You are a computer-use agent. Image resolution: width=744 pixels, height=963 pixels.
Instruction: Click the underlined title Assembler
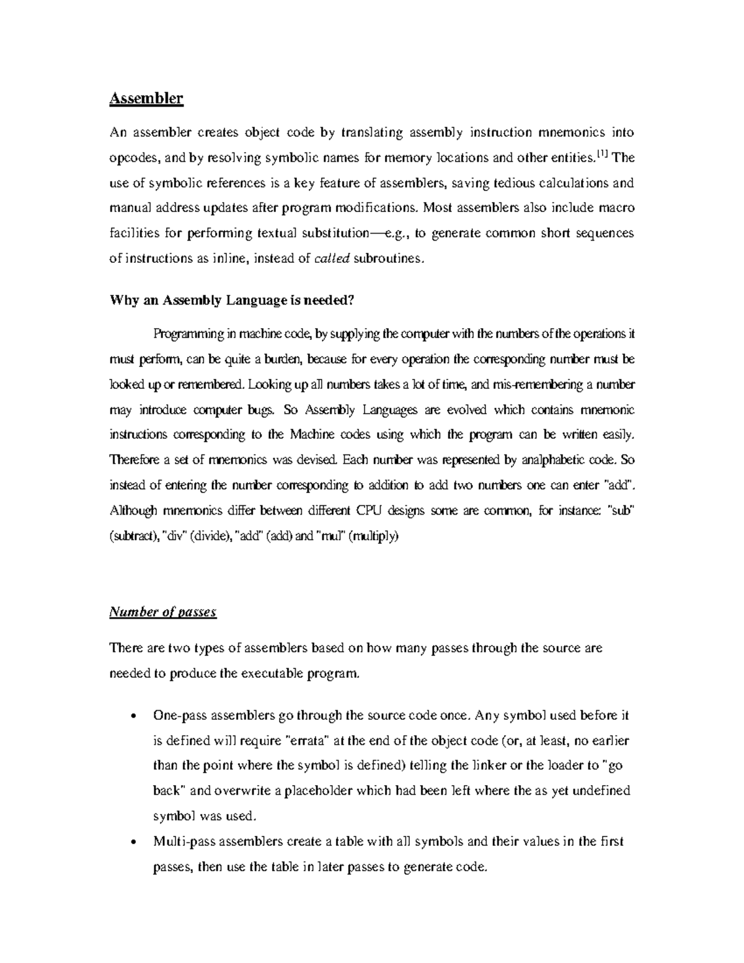(x=146, y=99)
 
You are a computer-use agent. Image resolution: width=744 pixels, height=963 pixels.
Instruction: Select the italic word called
(x=332, y=259)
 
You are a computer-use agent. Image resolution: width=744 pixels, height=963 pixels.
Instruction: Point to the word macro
(x=614, y=208)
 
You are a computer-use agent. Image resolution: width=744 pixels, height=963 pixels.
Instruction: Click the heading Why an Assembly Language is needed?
(x=232, y=301)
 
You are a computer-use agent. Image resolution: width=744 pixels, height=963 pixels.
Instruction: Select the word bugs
(x=263, y=410)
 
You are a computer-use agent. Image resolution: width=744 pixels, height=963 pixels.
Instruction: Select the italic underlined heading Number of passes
(x=162, y=613)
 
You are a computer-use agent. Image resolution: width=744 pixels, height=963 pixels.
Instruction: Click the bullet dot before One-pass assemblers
(x=135, y=716)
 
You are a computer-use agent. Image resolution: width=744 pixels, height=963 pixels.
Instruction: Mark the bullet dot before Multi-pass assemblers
(x=135, y=843)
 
